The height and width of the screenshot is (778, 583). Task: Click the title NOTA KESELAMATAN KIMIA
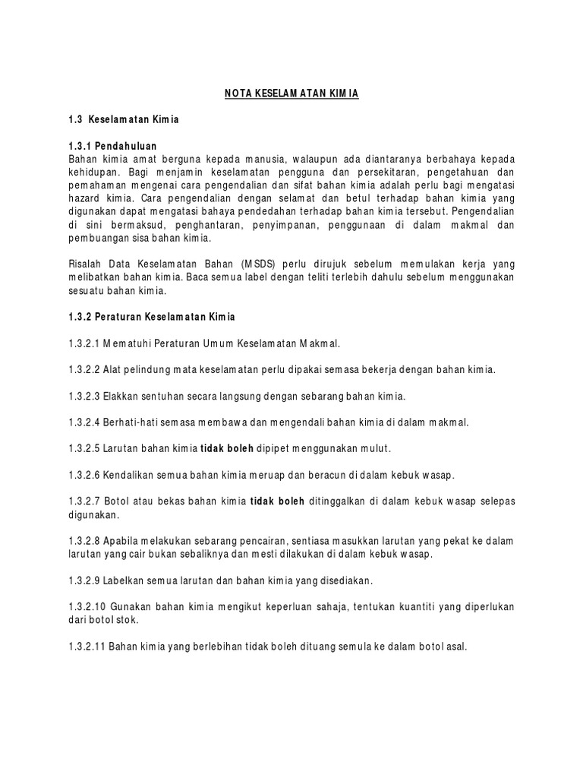point(291,93)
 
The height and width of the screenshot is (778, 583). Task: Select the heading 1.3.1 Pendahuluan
point(113,145)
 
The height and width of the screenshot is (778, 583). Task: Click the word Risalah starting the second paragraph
point(86,264)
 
